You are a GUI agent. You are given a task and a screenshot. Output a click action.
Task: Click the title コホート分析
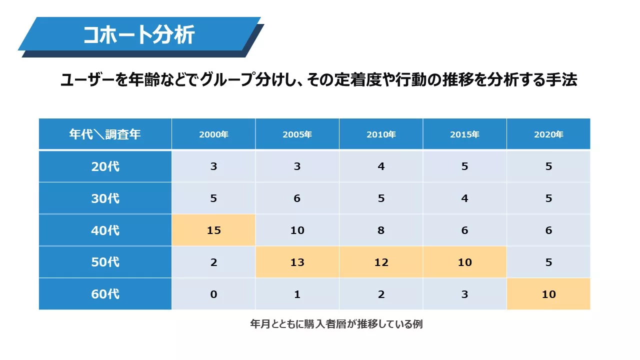(x=139, y=35)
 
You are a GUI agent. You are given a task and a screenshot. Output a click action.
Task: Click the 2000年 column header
(x=213, y=134)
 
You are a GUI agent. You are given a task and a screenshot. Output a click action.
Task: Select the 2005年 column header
(x=297, y=134)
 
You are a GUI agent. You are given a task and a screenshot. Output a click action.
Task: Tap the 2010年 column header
(x=381, y=134)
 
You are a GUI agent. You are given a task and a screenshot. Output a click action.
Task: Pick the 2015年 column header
(x=464, y=134)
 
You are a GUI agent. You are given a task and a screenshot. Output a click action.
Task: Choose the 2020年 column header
(x=548, y=134)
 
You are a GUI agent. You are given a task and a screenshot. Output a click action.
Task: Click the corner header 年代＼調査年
(x=105, y=134)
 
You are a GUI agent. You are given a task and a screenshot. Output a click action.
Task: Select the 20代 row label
(x=105, y=166)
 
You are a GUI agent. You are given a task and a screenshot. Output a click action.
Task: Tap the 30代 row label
(x=105, y=198)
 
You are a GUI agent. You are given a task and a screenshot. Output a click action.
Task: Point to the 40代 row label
(x=105, y=230)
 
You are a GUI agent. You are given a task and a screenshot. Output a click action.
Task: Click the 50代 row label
(x=105, y=262)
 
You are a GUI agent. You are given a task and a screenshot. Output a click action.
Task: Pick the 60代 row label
(x=105, y=294)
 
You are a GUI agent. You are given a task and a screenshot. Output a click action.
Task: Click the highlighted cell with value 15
(x=213, y=230)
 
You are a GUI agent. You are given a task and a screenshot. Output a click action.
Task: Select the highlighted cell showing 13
(x=297, y=262)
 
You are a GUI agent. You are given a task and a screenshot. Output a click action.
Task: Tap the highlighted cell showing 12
(x=381, y=262)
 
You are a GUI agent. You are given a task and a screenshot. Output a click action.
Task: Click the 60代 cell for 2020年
(x=548, y=294)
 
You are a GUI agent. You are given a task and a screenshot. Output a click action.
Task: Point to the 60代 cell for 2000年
(x=213, y=294)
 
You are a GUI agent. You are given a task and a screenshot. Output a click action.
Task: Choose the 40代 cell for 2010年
(x=381, y=230)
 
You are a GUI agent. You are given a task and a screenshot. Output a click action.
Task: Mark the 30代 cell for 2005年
(x=297, y=198)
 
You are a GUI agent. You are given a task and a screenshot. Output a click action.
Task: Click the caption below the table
(x=336, y=324)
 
